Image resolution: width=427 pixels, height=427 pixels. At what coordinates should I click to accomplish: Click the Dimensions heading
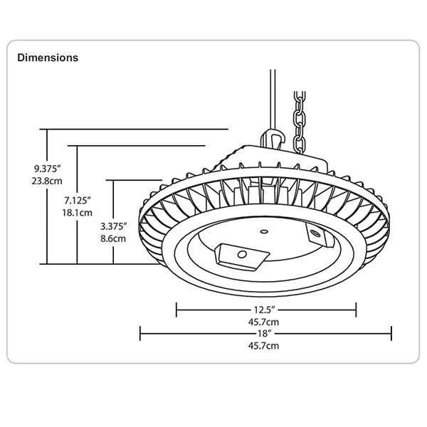48,57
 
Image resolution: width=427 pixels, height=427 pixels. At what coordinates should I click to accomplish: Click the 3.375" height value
114,226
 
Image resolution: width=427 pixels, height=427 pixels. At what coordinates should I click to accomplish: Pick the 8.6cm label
114,238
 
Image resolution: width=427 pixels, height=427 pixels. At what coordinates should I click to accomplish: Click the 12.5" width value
263,310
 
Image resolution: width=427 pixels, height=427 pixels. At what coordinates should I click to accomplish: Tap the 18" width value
263,332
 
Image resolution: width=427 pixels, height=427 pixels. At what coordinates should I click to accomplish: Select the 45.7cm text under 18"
263,345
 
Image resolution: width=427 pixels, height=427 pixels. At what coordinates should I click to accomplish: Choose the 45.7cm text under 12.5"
263,322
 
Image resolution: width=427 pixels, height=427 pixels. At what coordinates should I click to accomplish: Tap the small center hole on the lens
265,230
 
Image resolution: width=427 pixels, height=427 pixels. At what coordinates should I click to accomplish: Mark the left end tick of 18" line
140,332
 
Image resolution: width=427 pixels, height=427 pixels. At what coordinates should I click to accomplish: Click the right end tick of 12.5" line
355,310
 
